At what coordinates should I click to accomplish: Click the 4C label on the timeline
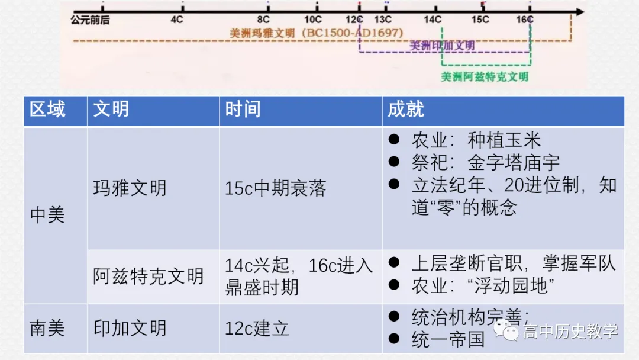177,20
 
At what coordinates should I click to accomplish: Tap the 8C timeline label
263,20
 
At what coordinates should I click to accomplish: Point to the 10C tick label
313,20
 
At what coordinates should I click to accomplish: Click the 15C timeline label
480,20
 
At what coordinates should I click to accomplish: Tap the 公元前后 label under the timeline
90,20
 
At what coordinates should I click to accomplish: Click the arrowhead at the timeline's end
579,11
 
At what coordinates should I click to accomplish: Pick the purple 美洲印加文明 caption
442,46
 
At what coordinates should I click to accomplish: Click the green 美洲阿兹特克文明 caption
485,77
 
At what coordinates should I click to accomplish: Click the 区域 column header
48,110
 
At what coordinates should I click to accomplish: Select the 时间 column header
243,110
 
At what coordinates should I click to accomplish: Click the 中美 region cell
47,215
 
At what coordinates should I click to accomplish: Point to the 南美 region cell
47,328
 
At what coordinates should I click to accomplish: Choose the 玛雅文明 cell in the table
130,188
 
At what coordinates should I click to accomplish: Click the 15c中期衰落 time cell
275,188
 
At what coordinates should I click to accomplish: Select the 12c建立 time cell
257,328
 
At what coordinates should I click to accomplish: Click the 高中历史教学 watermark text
570,332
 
